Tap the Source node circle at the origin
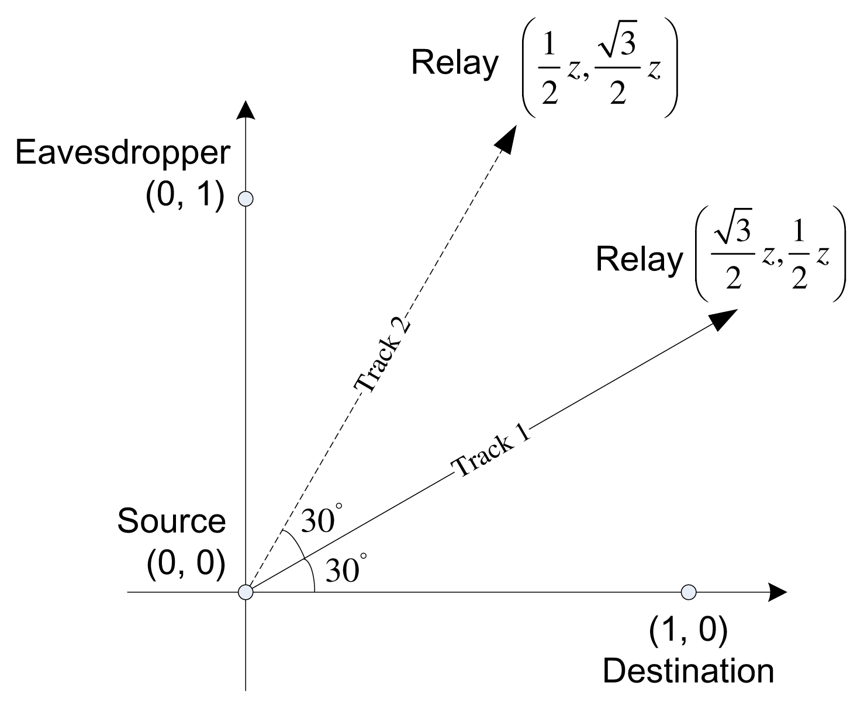tap(246, 592)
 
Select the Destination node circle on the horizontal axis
tap(689, 592)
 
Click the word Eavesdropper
tap(123, 154)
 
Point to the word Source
tap(171, 521)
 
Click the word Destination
tap(688, 671)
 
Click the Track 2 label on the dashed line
tap(383, 356)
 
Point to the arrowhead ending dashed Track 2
tap(507, 138)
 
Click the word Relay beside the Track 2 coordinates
tap(455, 62)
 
